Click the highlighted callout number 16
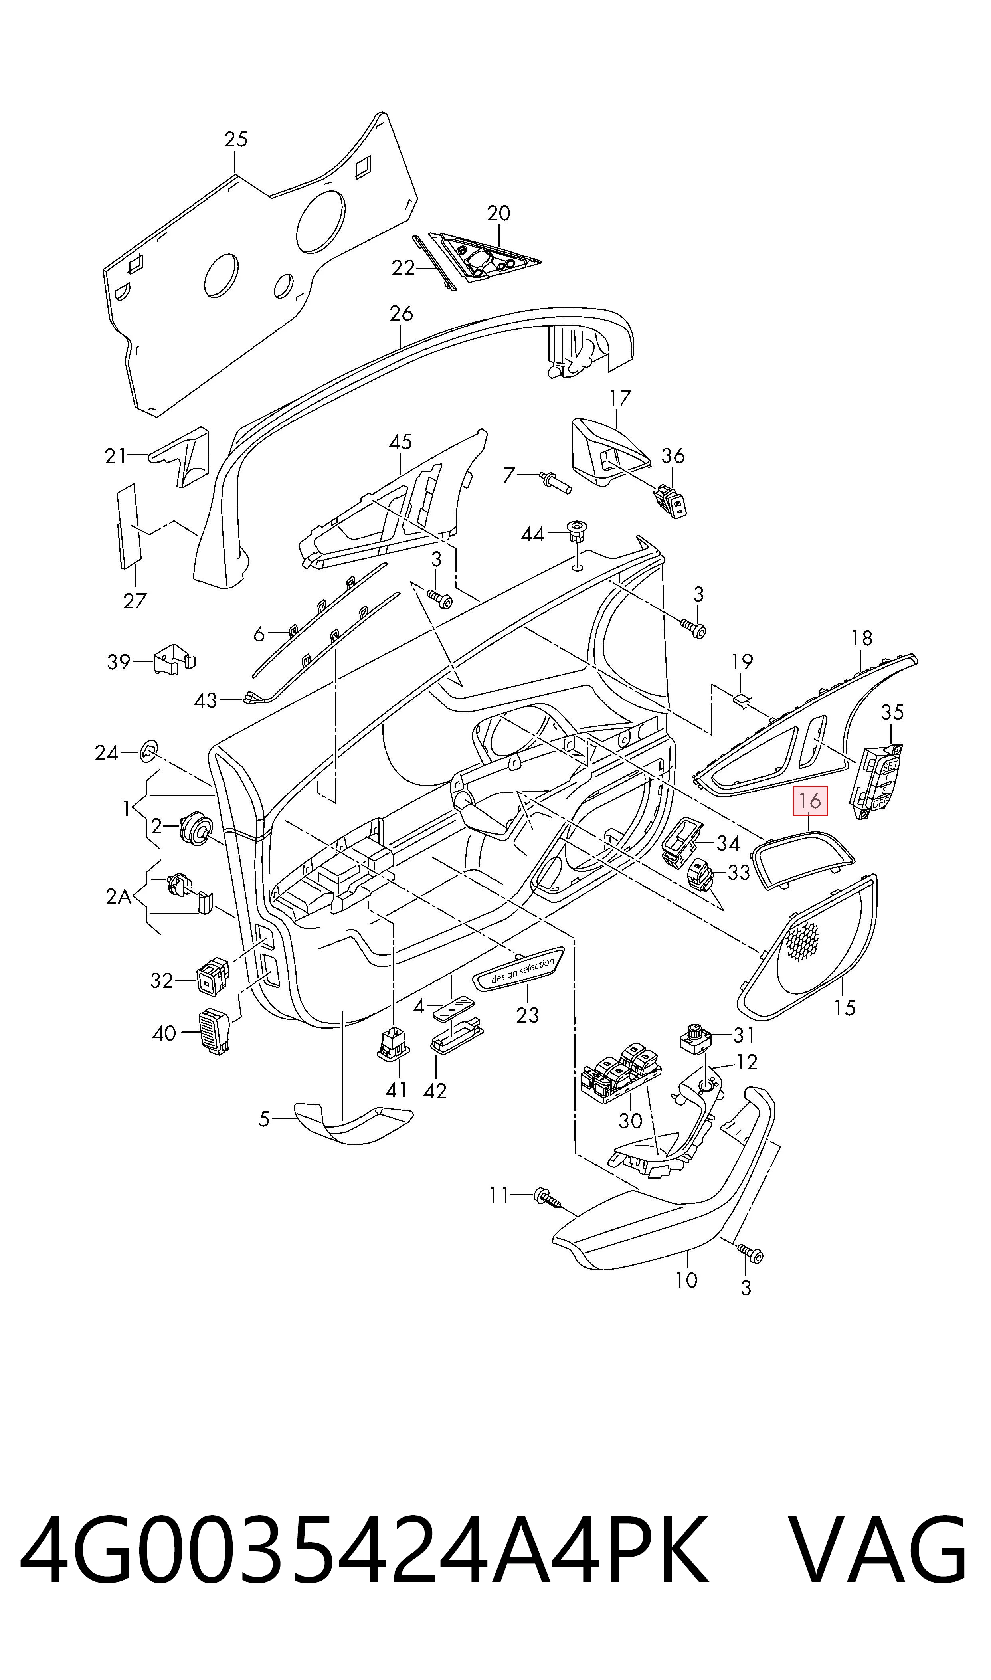(x=809, y=801)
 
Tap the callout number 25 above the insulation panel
(x=236, y=140)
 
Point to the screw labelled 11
(x=546, y=1197)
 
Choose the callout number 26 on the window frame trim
(x=402, y=313)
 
